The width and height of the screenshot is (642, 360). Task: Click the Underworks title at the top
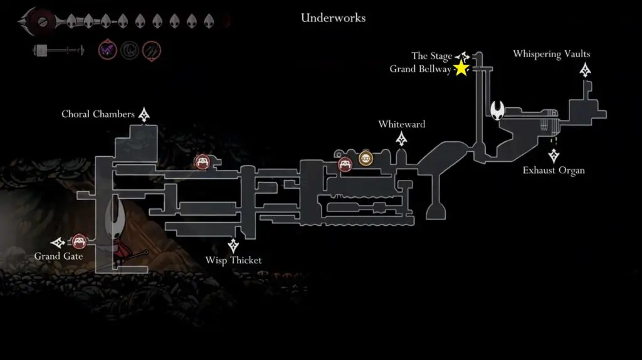click(333, 18)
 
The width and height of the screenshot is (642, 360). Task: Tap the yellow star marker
click(461, 68)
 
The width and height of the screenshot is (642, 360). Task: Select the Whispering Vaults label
click(551, 54)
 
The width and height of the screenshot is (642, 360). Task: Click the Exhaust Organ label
click(554, 170)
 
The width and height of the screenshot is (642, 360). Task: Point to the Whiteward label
click(401, 124)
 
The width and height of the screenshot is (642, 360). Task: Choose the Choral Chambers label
click(98, 114)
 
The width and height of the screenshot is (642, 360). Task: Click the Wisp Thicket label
click(233, 260)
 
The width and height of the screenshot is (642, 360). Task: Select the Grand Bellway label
click(420, 69)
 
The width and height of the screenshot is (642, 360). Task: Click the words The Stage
click(432, 56)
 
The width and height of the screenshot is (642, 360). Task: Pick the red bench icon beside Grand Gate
click(78, 241)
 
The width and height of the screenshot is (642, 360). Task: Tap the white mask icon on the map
click(498, 112)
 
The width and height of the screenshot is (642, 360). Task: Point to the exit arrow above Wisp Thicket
click(234, 245)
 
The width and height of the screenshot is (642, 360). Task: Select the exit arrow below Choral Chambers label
click(145, 115)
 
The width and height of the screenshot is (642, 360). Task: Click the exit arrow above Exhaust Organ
click(553, 156)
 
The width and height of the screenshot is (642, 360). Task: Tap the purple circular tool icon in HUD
click(107, 50)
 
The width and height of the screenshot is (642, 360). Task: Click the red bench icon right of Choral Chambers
click(202, 162)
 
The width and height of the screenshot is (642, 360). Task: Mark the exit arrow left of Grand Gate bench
click(58, 242)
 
